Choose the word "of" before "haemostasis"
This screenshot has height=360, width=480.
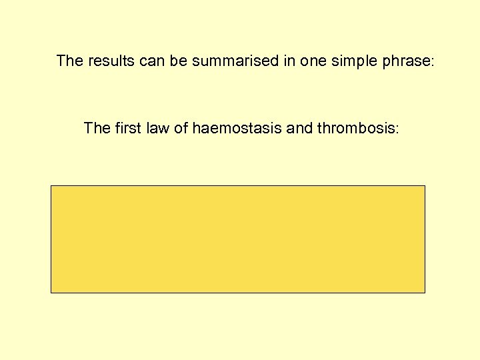pyautogui.click(x=181, y=128)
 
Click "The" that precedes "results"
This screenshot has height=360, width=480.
pyautogui.click(x=69, y=61)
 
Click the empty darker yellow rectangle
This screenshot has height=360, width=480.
pyautogui.click(x=238, y=239)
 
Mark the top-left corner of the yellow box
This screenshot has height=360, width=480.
pyautogui.click(x=51, y=186)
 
